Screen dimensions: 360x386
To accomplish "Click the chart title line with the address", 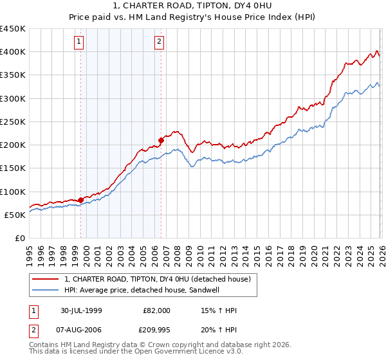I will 192,7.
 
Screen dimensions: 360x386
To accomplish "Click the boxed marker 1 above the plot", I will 78,42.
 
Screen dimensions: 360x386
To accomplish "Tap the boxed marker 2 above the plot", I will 159,42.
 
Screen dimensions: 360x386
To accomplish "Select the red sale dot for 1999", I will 80,199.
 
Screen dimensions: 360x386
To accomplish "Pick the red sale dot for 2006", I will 161,139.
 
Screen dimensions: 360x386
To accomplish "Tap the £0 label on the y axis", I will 20,238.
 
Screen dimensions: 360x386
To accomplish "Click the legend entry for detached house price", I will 161,278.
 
